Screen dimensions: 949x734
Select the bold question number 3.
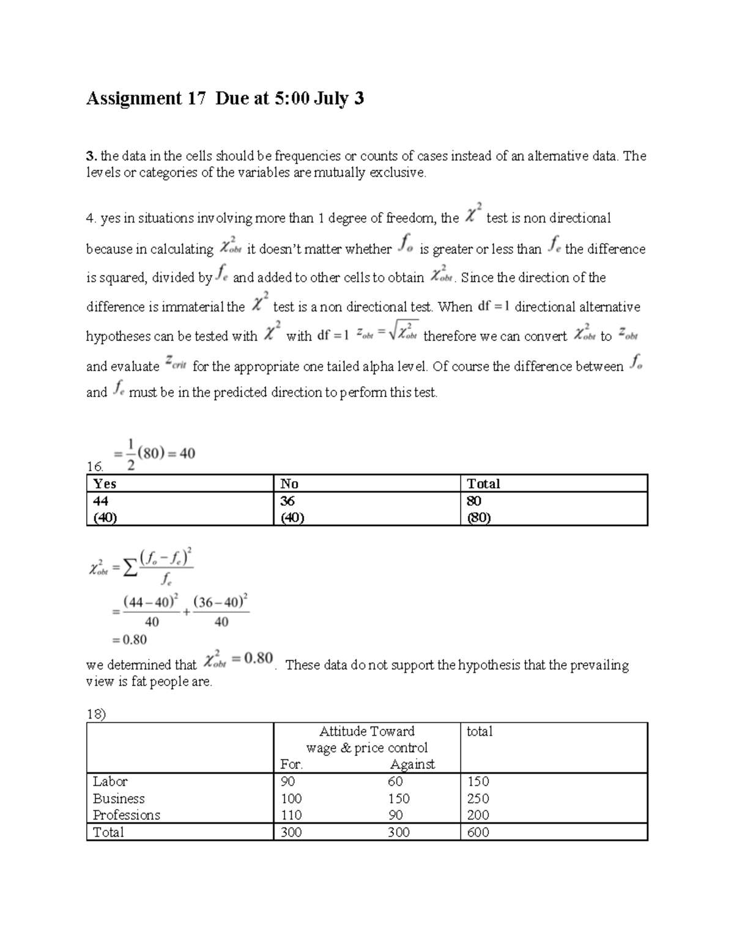tap(89, 156)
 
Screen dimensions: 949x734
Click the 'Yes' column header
tap(105, 484)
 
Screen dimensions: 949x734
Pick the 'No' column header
tap(289, 484)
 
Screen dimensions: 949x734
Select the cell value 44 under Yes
tap(100, 501)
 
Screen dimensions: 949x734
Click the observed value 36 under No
tap(287, 501)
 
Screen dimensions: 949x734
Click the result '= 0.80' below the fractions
tap(129, 640)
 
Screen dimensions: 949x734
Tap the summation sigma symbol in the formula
tap(130, 569)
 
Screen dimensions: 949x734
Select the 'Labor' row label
tap(110, 782)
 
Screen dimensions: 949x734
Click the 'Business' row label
tap(119, 799)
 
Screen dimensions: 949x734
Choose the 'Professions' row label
tap(126, 815)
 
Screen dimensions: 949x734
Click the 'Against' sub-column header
tap(412, 764)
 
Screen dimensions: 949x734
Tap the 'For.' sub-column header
tap(291, 764)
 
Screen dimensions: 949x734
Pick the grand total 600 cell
tap(478, 832)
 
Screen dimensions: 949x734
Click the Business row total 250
tap(478, 799)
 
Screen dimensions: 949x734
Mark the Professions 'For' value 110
tap(291, 815)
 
